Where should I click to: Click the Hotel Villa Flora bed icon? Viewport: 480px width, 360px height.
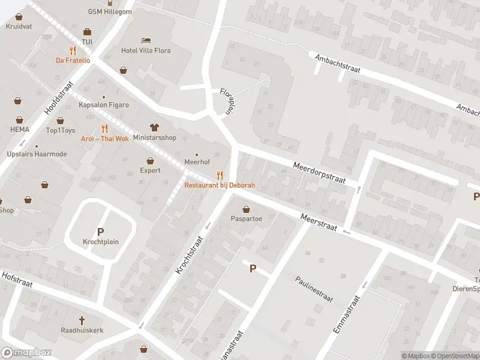point(146,40)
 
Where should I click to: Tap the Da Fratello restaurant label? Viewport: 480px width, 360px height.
point(73,60)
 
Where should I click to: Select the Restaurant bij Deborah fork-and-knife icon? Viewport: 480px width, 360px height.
point(220,175)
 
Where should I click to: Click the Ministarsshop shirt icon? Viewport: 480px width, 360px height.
point(154,127)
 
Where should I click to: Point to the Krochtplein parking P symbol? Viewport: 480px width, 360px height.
point(100,232)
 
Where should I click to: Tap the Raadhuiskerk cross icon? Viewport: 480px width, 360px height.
point(82,320)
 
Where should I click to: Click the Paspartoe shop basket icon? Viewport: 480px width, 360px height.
point(247,209)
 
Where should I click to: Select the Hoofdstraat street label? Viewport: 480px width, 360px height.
point(58,98)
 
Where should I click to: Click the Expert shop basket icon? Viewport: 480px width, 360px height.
point(150,161)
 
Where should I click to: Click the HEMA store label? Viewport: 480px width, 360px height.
point(19,129)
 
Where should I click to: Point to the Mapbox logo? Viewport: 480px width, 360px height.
point(26,353)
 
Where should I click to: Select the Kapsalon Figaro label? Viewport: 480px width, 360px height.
point(104,105)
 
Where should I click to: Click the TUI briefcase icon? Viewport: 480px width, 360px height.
point(87,32)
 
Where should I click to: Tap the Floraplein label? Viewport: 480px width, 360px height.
point(226,101)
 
